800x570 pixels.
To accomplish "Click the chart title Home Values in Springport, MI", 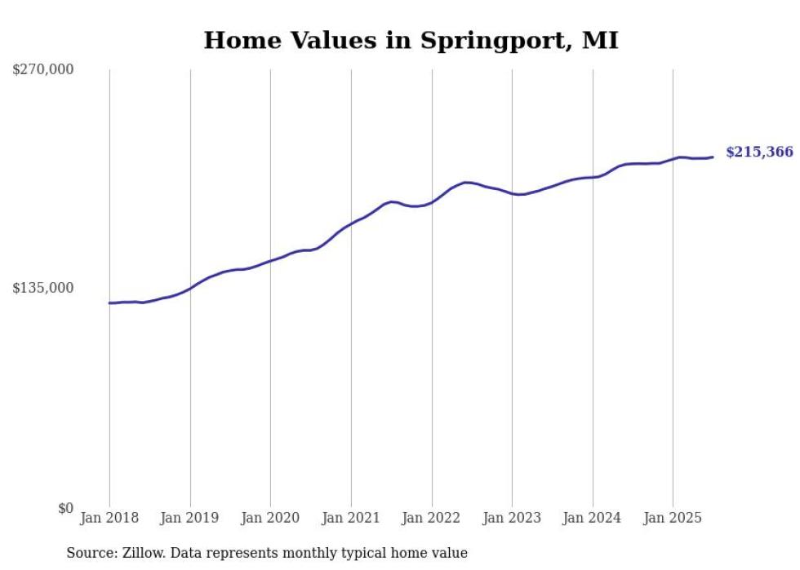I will tap(411, 40).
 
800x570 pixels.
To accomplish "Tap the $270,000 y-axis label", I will tap(43, 69).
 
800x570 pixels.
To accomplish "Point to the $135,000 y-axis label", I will tap(43, 288).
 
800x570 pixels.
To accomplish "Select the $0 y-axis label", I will tap(65, 508).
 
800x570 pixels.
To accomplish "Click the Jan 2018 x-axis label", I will tap(109, 518).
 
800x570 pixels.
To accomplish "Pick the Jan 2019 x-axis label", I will tap(189, 518).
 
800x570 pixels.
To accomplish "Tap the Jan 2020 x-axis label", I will tap(270, 518).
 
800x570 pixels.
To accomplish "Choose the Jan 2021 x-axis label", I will tap(351, 518).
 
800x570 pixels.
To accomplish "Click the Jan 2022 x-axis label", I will tap(431, 518).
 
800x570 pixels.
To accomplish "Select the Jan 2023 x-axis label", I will tap(512, 518).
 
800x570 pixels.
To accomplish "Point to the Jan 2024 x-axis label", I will tap(593, 518).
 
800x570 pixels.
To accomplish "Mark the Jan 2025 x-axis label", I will tap(673, 518).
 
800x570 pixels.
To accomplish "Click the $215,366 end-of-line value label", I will tap(759, 152).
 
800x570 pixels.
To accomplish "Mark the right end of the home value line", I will tap(713, 157).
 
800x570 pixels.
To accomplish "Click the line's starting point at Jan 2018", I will tap(109, 303).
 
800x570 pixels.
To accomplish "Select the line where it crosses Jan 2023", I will tap(512, 193).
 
